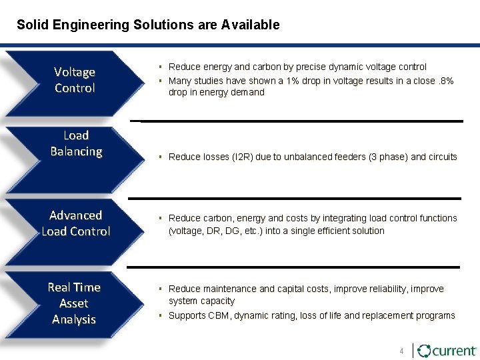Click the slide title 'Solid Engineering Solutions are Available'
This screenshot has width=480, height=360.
[x=148, y=25]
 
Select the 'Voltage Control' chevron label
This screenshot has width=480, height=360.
[x=75, y=80]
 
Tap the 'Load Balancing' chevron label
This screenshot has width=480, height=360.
[x=76, y=143]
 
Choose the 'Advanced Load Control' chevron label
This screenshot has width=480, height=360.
[x=76, y=223]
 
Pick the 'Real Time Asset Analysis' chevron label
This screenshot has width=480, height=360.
[x=74, y=303]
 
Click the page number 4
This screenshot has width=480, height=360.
[x=401, y=351]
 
